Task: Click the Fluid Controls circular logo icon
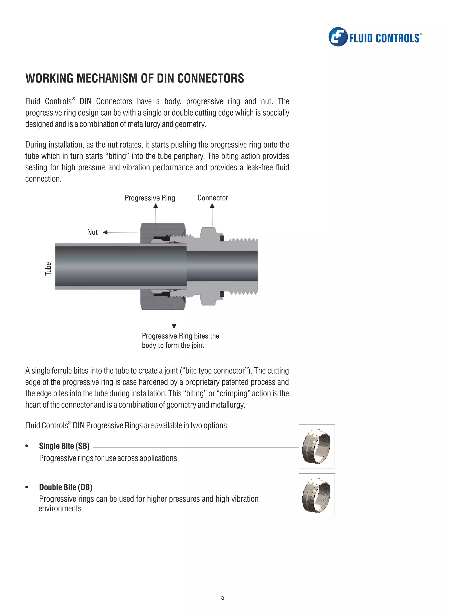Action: (338, 37)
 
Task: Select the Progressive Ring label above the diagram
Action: (150, 198)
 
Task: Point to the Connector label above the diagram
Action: (212, 198)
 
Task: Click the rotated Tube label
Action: (48, 269)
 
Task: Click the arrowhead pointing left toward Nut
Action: (105, 232)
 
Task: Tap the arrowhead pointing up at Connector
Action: (212, 206)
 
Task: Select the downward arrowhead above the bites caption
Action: (174, 326)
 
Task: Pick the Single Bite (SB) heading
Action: (64, 446)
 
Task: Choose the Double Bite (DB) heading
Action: (66, 487)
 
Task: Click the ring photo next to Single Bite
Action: (316, 446)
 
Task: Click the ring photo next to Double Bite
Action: (316, 495)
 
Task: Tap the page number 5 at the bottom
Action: (223, 597)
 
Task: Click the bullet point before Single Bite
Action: (27, 446)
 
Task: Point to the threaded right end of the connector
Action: (243, 267)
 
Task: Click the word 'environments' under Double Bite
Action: (60, 509)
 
